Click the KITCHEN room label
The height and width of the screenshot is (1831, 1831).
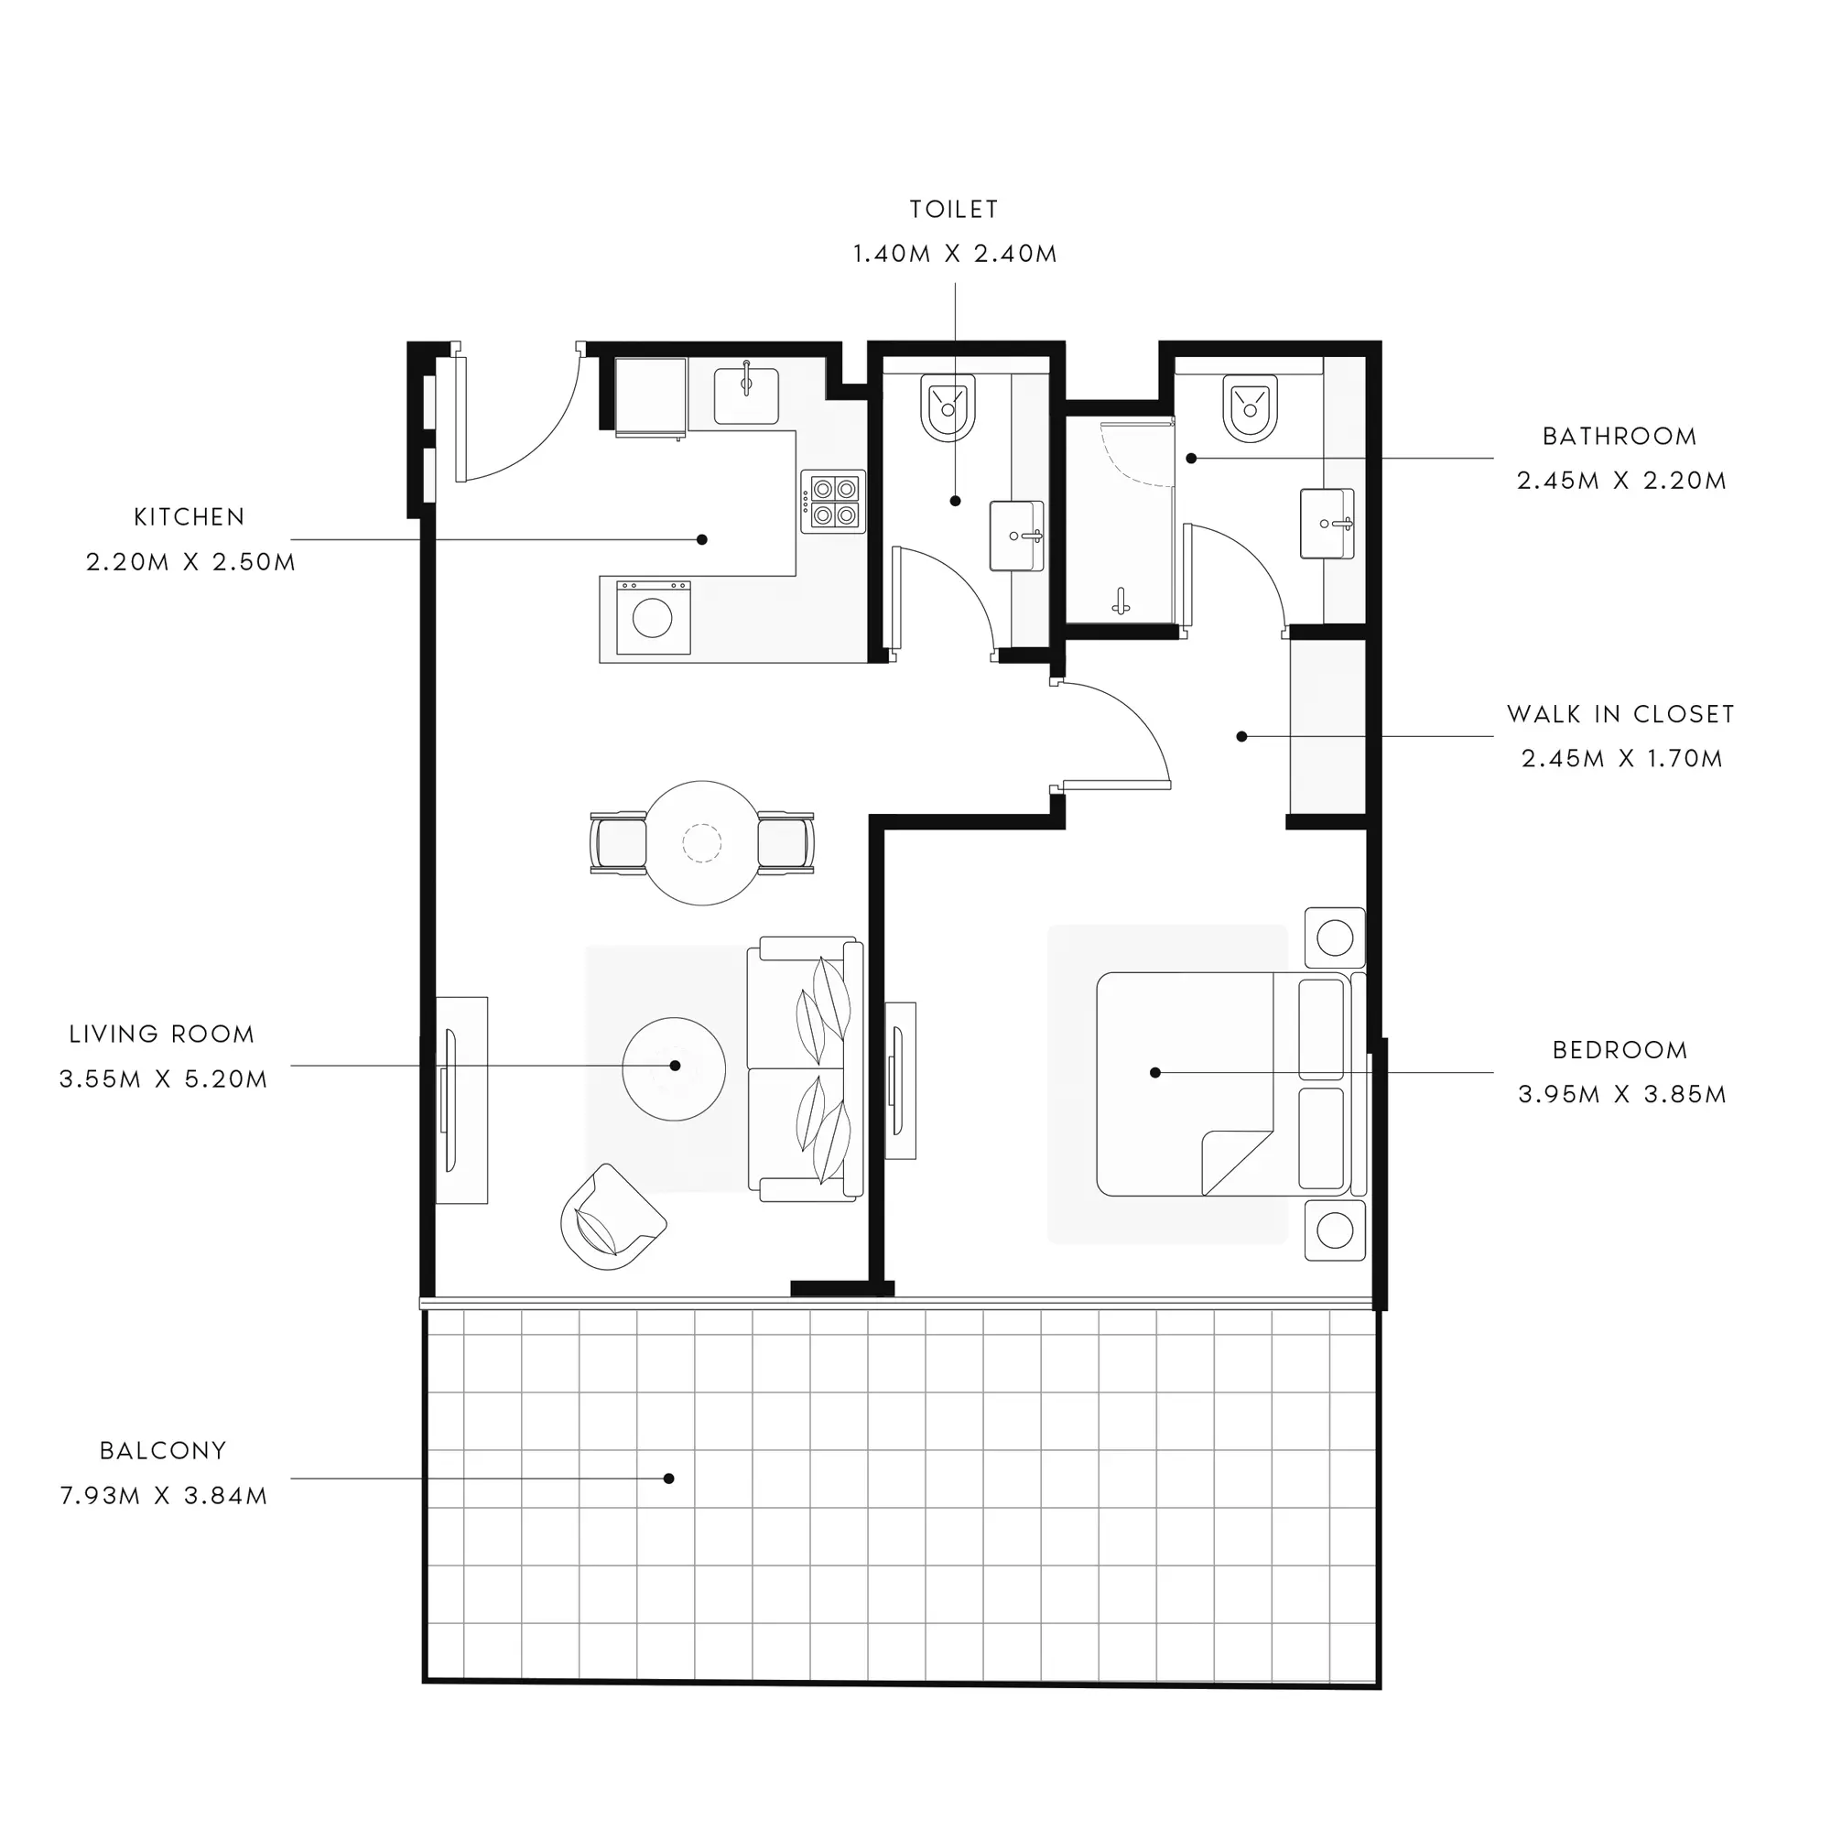tap(190, 516)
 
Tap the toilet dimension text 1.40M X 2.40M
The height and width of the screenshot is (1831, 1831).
tap(954, 254)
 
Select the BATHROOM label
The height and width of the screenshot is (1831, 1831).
tap(1620, 436)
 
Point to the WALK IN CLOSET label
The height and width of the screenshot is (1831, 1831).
tap(1620, 714)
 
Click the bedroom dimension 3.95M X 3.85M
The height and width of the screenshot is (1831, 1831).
tap(1621, 1095)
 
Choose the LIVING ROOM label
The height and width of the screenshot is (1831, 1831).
tap(162, 1034)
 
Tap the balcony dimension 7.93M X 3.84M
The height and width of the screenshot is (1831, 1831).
tap(164, 1496)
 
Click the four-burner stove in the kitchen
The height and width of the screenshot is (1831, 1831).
tap(833, 503)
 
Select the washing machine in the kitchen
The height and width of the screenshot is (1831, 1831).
tap(653, 618)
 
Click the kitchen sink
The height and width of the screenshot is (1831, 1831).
tap(746, 395)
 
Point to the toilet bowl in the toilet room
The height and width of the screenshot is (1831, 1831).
tap(948, 407)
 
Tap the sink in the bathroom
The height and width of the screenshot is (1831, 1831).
tap(1327, 523)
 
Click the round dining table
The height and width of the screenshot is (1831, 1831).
tap(702, 842)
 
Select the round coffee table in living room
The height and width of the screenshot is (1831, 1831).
tap(674, 1068)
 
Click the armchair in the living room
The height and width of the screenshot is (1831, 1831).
tap(612, 1218)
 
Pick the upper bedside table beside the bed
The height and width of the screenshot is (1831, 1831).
tap(1335, 938)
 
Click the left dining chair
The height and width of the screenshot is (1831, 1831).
tap(618, 842)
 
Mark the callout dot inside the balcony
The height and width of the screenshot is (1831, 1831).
tap(669, 1479)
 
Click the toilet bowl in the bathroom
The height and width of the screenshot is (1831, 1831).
tap(1250, 408)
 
